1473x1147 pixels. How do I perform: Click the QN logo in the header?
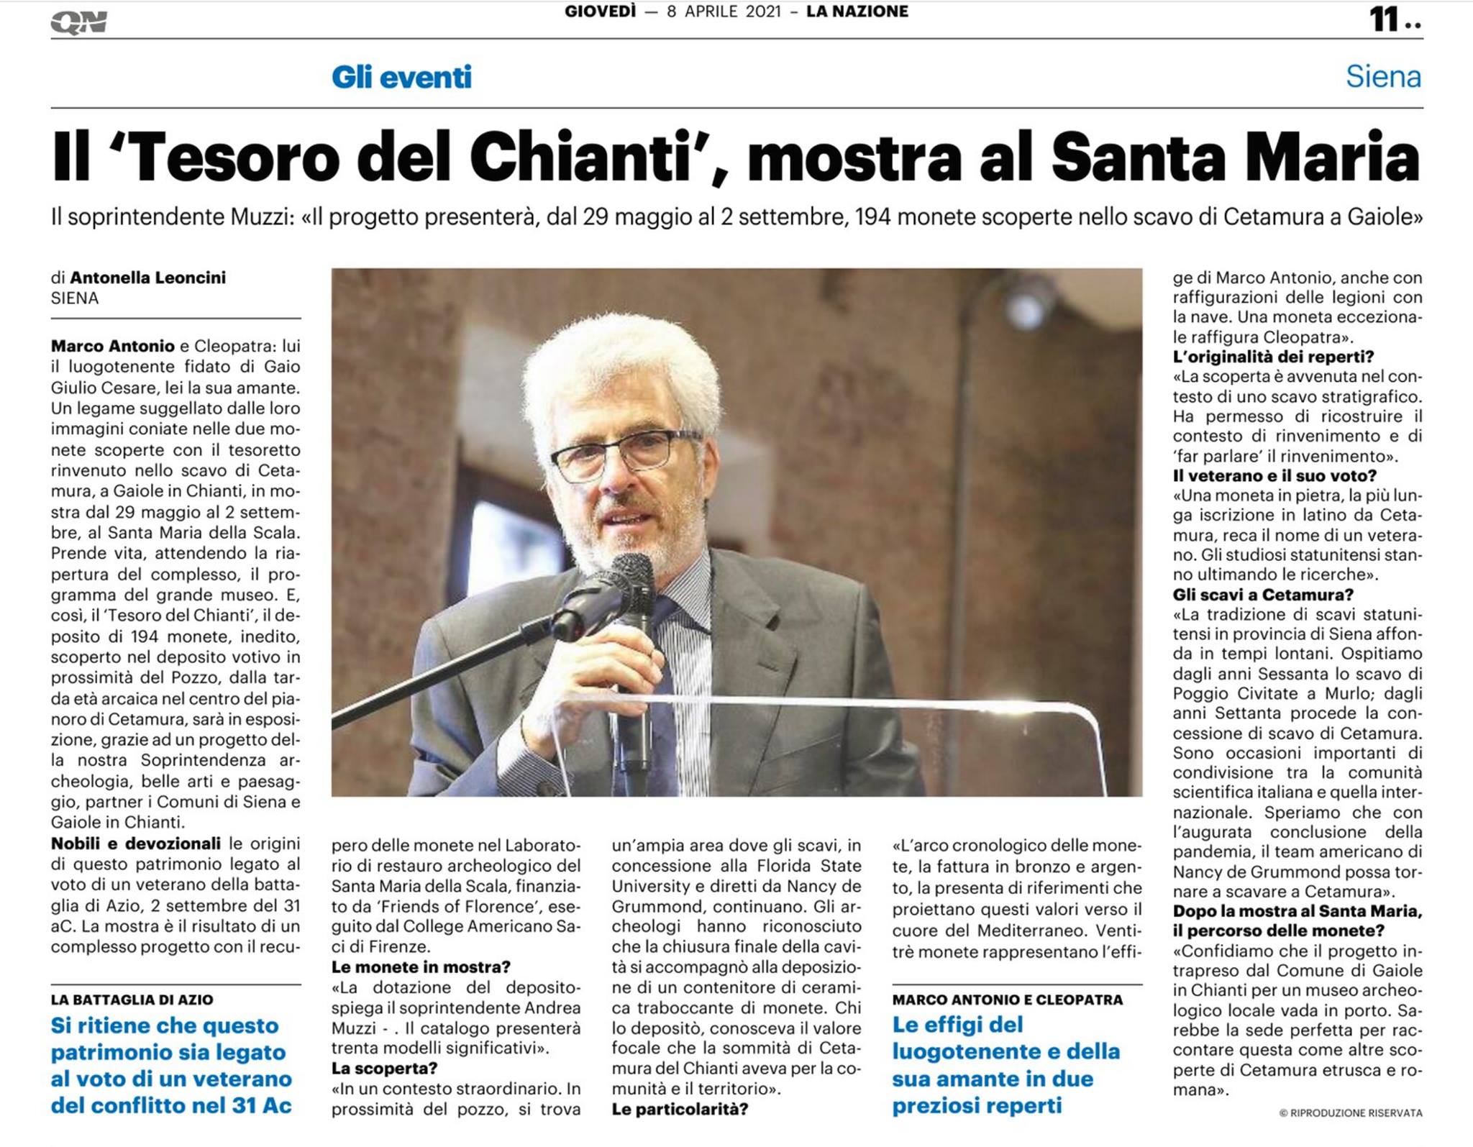pyautogui.click(x=78, y=22)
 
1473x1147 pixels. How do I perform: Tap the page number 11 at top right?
pyautogui.click(x=1385, y=19)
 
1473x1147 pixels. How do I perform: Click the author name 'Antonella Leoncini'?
pyautogui.click(x=147, y=278)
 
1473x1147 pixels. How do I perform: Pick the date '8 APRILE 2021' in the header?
pyautogui.click(x=724, y=12)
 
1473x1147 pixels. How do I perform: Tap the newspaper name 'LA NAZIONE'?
pyautogui.click(x=857, y=12)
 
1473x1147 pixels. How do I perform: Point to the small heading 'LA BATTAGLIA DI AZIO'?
pyautogui.click(x=132, y=1000)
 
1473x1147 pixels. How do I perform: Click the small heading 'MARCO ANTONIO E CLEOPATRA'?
pyautogui.click(x=1007, y=1000)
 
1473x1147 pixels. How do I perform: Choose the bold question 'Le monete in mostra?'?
pyautogui.click(x=421, y=967)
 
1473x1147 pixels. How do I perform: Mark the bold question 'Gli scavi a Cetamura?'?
pyautogui.click(x=1263, y=595)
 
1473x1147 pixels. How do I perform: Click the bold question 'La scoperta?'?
pyautogui.click(x=384, y=1069)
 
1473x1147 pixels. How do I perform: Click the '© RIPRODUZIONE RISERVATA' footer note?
pyautogui.click(x=1350, y=1113)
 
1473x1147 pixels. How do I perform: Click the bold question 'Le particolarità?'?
pyautogui.click(x=680, y=1109)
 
